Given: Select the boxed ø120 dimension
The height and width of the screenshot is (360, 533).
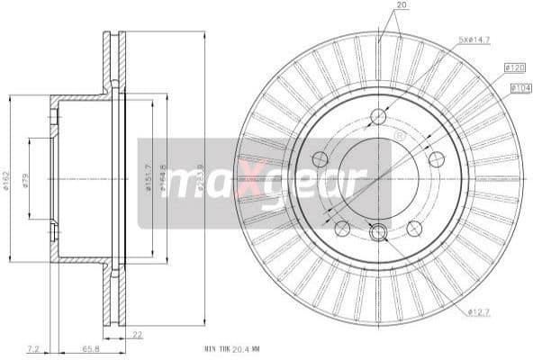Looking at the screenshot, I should click(515, 67).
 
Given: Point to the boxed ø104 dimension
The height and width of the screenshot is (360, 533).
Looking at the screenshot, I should click(519, 87).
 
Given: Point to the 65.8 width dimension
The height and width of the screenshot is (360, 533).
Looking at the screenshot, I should click(91, 346).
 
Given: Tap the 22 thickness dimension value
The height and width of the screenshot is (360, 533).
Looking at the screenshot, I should click(138, 335).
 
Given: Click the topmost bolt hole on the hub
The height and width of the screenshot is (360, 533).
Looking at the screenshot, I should click(378, 116).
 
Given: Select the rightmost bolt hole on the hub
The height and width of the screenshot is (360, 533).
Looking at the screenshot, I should click(437, 159).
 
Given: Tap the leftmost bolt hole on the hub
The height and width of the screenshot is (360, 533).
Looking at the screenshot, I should click(320, 159).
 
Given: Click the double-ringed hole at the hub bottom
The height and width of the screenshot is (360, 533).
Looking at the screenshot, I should click(378, 232).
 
